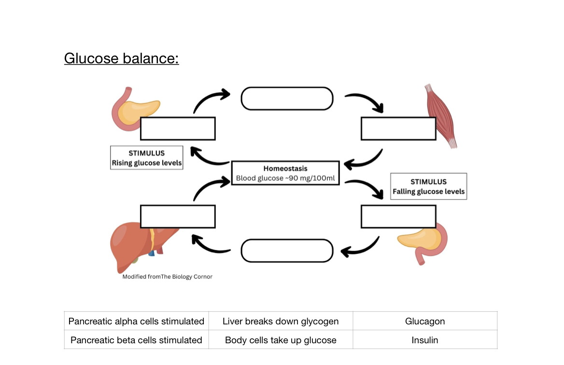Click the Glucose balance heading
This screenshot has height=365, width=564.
[x=121, y=58]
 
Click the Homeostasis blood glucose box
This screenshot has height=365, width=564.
[x=285, y=173]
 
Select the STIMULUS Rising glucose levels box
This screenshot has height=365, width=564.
[x=147, y=158]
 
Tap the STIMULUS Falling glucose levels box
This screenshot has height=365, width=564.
[x=428, y=186]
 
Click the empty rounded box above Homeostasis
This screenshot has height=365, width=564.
[x=287, y=99]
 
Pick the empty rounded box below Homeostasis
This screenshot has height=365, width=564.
[x=287, y=251]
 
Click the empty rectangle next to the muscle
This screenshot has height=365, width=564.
[x=398, y=129]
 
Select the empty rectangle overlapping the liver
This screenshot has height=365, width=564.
[x=178, y=217]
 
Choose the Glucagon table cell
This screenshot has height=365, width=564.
[x=425, y=321]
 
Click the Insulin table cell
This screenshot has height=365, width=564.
[x=425, y=340]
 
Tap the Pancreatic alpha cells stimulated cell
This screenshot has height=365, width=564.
[x=136, y=321]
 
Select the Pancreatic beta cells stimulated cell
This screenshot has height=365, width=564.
[x=136, y=340]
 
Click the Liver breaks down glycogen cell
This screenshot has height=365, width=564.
[x=281, y=321]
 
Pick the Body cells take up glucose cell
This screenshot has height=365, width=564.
[x=281, y=340]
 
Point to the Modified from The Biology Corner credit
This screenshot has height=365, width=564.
[x=167, y=277]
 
